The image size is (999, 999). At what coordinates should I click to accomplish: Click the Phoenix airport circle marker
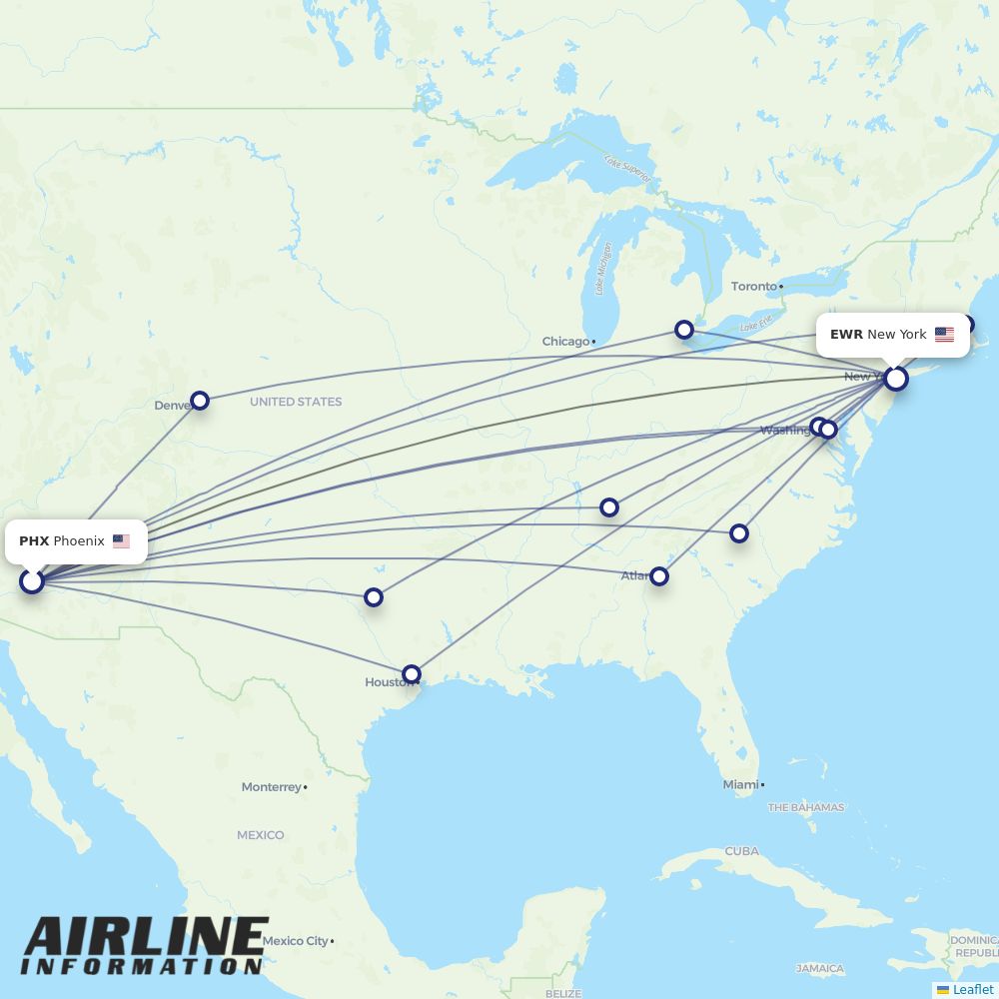[x=32, y=580]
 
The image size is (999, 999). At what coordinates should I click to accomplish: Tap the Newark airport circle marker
[x=896, y=379]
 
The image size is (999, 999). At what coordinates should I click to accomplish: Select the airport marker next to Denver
[x=200, y=401]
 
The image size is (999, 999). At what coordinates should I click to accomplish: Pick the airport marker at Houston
[x=412, y=674]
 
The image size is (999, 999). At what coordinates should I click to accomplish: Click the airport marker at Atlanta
[x=659, y=575]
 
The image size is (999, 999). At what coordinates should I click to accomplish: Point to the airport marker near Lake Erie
[x=684, y=330]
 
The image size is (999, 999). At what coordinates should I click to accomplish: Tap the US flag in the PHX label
[x=121, y=541]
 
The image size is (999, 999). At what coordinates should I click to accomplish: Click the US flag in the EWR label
[x=944, y=335]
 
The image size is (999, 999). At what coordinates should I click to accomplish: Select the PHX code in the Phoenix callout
[x=34, y=541]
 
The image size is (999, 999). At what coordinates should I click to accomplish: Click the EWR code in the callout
[x=846, y=335]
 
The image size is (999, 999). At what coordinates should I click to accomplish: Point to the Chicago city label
[x=565, y=342]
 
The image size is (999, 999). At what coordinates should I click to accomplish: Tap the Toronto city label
[x=753, y=287]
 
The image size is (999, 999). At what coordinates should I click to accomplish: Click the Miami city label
[x=740, y=785]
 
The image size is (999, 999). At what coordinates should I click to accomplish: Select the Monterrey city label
[x=271, y=787]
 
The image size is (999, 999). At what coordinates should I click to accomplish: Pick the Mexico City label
[x=295, y=941]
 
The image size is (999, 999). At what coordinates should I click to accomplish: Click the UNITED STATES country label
[x=296, y=402]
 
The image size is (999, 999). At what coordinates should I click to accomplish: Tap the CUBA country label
[x=742, y=851]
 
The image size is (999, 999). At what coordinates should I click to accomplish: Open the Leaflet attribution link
[x=972, y=989]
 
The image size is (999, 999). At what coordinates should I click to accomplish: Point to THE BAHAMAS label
[x=805, y=807]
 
